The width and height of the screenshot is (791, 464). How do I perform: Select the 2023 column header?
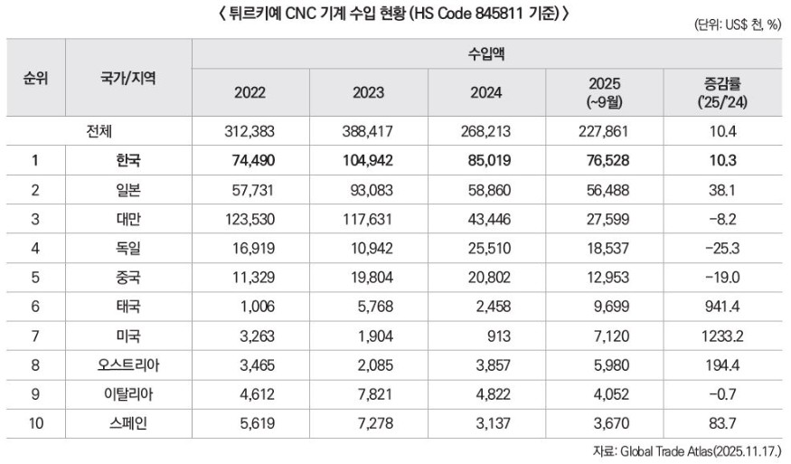[x=369, y=92]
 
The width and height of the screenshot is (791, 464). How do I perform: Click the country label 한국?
[x=128, y=160]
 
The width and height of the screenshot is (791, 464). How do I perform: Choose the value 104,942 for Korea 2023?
[x=369, y=160]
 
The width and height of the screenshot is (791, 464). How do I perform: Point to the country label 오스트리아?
[x=128, y=365]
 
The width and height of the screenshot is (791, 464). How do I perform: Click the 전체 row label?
[x=99, y=131]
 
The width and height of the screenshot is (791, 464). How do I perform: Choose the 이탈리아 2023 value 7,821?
[x=369, y=394]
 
